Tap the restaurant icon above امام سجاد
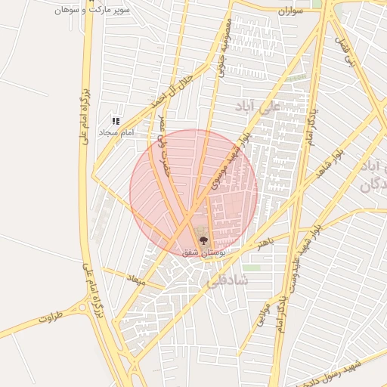tap(116, 121)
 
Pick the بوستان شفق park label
tap(202, 252)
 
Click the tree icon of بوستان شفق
tap(202, 240)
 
